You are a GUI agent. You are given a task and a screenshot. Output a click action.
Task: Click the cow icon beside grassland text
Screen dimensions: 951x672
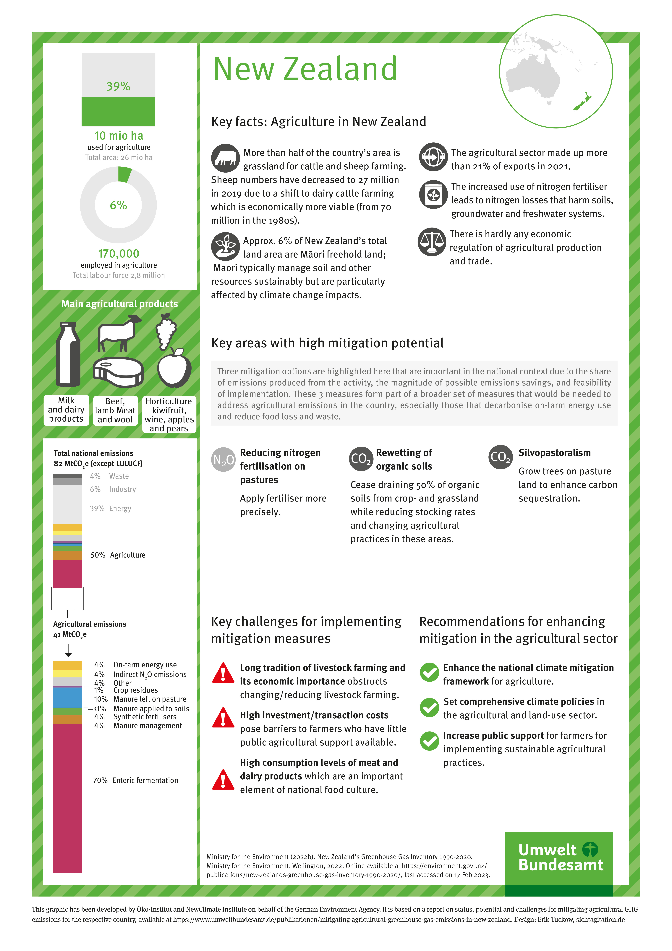tap(225, 158)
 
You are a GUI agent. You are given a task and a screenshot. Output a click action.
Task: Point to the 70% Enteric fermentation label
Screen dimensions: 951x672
tap(135, 780)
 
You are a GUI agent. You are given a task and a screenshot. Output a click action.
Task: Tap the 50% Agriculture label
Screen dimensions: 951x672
tap(118, 555)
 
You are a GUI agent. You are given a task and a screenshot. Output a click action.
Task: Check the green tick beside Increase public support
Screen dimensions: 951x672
tap(429, 741)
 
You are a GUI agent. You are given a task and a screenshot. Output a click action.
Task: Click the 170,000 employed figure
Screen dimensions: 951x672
tap(118, 253)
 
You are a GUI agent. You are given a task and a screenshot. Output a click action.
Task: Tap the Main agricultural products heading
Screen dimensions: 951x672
tap(120, 304)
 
